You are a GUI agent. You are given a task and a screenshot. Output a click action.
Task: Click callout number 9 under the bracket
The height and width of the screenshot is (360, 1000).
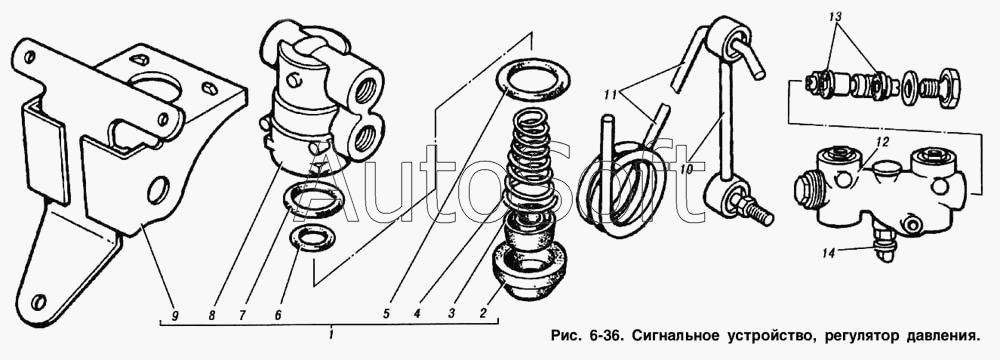(175, 315)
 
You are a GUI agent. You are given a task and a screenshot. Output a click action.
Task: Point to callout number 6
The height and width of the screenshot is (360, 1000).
(277, 315)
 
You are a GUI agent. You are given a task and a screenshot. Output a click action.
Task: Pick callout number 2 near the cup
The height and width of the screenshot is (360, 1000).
(483, 313)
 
